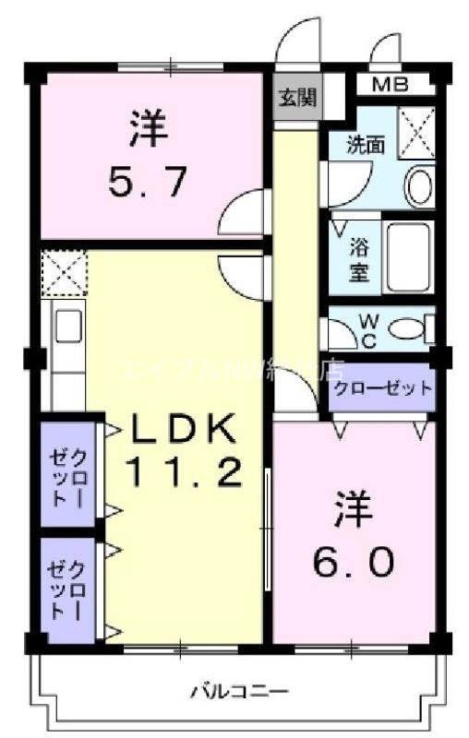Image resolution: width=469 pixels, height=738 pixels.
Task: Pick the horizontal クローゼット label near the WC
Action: click(x=382, y=387)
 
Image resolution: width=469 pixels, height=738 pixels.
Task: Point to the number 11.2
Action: click(x=185, y=472)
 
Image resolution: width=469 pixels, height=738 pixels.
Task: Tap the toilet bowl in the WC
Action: click(x=406, y=328)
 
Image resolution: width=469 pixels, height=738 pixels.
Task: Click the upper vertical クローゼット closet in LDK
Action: click(x=68, y=474)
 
